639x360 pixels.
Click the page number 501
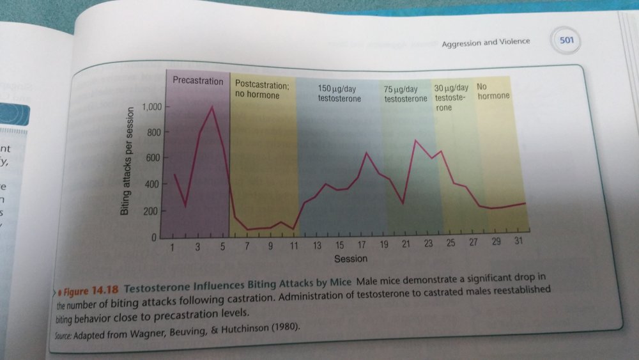click(567, 41)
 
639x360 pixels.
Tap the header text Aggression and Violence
click(486, 42)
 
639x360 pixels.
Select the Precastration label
click(198, 81)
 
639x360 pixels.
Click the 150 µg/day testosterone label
click(339, 93)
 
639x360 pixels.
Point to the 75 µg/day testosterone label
click(405, 93)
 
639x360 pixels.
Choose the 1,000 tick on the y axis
click(151, 107)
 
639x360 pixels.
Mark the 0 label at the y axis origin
click(154, 238)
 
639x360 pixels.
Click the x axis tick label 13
click(318, 246)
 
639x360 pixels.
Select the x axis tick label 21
click(406, 246)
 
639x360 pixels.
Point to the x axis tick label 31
click(519, 242)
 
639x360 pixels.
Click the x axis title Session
click(351, 259)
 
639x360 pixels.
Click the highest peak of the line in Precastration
click(212, 107)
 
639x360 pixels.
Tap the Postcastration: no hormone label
click(262, 90)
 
